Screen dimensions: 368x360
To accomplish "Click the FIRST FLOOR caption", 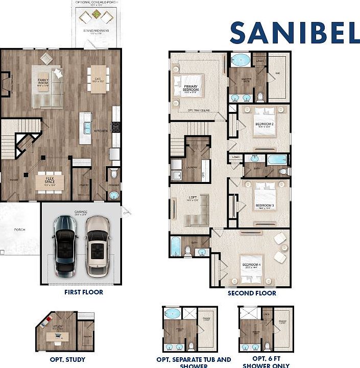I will pos(84,292).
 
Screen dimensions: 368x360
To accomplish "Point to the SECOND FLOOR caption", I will pos(252,293).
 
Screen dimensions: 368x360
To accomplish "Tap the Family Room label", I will pos(43,81).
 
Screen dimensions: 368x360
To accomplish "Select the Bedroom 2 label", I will pos(265,124).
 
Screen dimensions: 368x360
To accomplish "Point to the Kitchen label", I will pos(101,131).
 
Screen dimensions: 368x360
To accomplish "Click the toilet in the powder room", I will pos(113,174).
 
